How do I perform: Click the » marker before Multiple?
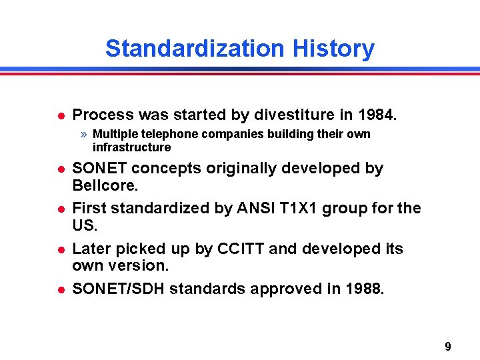[85, 134]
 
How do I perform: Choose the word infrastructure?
[131, 147]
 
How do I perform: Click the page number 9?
[447, 347]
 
